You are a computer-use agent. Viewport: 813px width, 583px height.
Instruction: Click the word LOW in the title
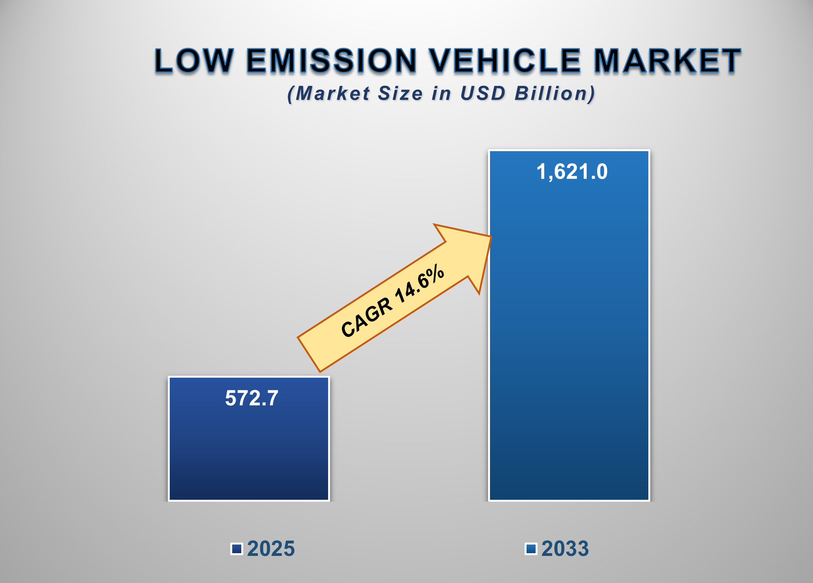194,61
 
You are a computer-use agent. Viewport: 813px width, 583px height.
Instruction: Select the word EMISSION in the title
331,61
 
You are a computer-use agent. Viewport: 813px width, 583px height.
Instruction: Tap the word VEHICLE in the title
505,61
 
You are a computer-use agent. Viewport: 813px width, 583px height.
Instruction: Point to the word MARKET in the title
667,61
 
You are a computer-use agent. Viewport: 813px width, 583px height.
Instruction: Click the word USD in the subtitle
483,93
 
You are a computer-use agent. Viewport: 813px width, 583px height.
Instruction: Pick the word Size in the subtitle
400,93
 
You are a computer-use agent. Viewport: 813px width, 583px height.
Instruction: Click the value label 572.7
251,398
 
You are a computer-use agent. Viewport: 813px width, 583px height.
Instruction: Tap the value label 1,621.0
572,172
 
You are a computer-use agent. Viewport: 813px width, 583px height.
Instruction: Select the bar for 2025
249,451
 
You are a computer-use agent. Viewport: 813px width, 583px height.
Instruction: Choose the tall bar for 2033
569,334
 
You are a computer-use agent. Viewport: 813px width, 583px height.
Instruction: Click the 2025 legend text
271,548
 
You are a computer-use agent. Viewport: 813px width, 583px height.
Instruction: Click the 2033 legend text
565,548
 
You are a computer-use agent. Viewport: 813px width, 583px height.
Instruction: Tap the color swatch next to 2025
237,548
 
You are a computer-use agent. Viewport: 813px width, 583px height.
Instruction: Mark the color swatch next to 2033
531,548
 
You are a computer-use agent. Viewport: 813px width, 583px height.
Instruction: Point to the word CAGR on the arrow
367,317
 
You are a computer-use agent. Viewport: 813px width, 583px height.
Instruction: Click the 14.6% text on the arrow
420,285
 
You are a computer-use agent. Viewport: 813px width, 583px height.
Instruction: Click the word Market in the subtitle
332,93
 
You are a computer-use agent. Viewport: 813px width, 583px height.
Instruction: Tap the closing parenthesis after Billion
592,94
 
